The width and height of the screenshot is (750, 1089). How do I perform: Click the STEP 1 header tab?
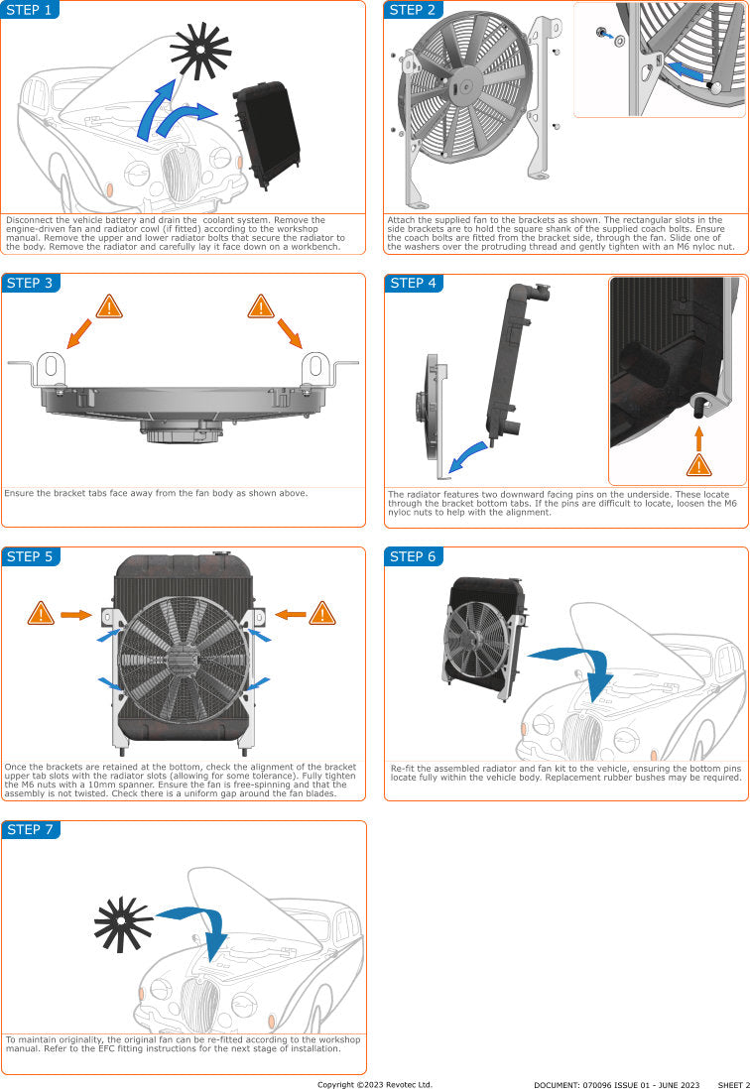pyautogui.click(x=30, y=10)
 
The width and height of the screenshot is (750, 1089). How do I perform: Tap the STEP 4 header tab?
pyautogui.click(x=414, y=284)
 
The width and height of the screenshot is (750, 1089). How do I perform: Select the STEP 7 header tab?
pyautogui.click(x=30, y=829)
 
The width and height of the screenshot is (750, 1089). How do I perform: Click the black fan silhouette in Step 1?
pyautogui.click(x=200, y=50)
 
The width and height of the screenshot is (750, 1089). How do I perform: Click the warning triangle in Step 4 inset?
pyautogui.click(x=699, y=463)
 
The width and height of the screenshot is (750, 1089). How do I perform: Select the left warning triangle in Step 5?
pyautogui.click(x=40, y=614)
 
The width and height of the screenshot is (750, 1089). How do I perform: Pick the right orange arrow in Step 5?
pyautogui.click(x=289, y=615)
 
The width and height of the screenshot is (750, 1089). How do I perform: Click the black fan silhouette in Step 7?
pyautogui.click(x=122, y=923)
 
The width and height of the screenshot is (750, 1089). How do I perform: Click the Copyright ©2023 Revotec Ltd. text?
pyautogui.click(x=374, y=1084)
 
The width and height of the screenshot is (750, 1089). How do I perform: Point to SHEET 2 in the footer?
pyautogui.click(x=733, y=1084)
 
